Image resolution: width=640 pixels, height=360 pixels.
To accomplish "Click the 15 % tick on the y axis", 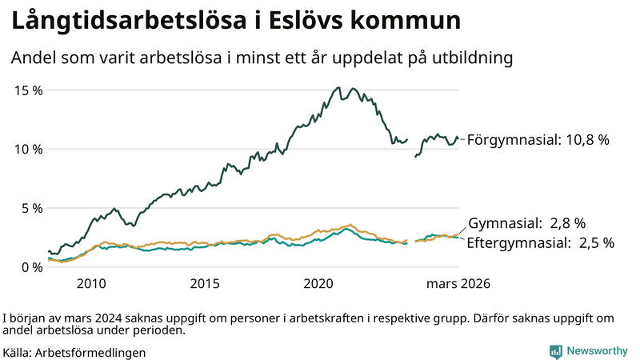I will [x=29, y=90].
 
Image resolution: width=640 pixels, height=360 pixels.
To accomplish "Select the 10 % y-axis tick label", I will [x=29, y=149].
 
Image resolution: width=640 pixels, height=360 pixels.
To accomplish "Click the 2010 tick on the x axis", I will [x=91, y=283].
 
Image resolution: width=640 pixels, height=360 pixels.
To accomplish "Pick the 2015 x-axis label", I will [x=205, y=283].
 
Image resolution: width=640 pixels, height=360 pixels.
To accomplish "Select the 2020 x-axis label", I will [x=318, y=283].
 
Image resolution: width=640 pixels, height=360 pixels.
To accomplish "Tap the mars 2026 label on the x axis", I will [x=458, y=283].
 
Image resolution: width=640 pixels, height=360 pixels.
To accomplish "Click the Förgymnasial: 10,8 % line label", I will [x=538, y=140].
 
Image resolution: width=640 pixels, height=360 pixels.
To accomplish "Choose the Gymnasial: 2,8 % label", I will [x=526, y=223].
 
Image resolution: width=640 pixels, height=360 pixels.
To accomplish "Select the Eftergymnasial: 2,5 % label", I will [x=540, y=242].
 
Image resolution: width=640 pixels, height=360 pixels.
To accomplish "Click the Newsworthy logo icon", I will [x=555, y=351].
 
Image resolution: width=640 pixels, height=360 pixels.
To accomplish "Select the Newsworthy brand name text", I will [x=597, y=351].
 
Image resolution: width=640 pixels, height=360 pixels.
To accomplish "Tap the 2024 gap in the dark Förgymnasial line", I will [x=411, y=148].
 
